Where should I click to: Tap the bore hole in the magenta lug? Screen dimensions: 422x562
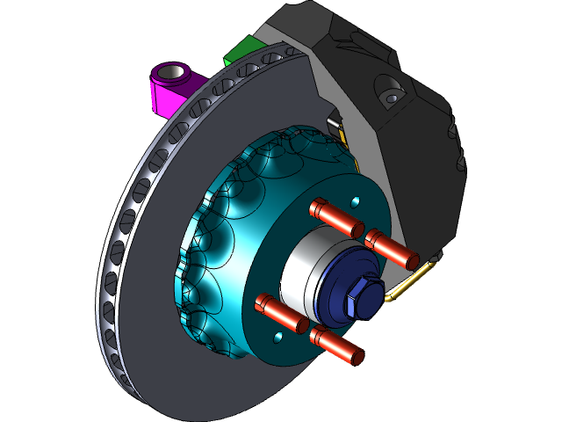[x=174, y=71]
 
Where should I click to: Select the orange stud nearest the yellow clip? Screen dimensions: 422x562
[x=392, y=249]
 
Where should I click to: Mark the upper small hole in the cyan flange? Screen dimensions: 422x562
[x=355, y=200]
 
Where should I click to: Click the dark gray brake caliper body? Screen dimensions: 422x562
[x=413, y=158]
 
